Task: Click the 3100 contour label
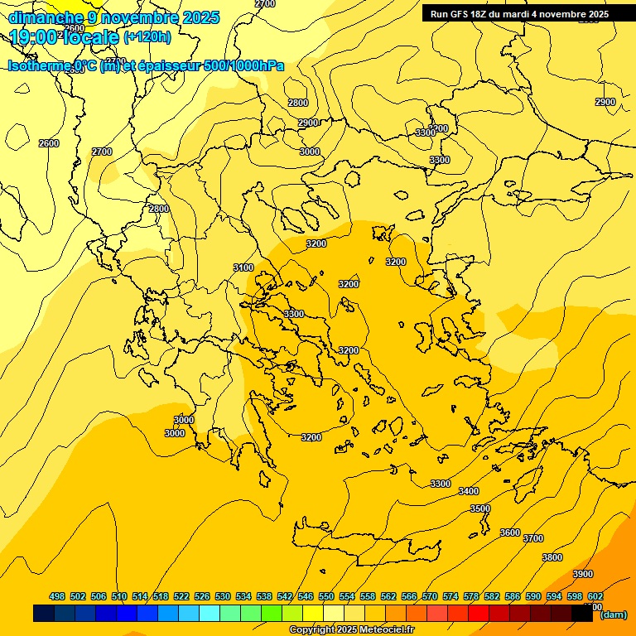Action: tap(243, 267)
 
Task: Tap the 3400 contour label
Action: tap(468, 491)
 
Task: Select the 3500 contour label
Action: tap(480, 508)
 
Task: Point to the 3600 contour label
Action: tap(510, 532)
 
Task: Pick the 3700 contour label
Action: tap(533, 538)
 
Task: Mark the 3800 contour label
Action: tap(552, 557)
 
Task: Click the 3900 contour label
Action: tap(583, 574)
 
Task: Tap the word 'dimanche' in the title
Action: tap(46, 17)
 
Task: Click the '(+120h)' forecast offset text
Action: tap(147, 36)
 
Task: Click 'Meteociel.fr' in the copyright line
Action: tap(381, 630)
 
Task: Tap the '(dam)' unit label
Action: tap(614, 614)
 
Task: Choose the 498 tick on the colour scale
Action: tap(57, 596)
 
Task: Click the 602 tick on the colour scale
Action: tap(595, 596)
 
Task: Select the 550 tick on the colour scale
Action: tap(325, 596)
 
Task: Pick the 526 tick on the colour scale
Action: tap(201, 596)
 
